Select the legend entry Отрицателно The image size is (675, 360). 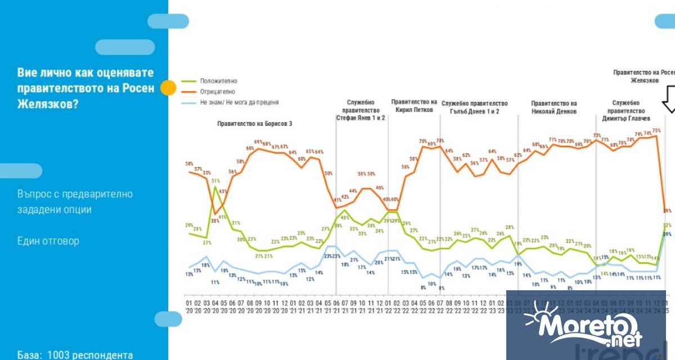tap(217, 91)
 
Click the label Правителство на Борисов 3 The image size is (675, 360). tap(255, 124)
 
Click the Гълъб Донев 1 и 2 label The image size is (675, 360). tap(474, 111)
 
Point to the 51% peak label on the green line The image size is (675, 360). tap(215, 181)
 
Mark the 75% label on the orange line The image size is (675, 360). tap(656, 131)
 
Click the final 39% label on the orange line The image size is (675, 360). tap(667, 210)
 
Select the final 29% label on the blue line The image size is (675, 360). tap(667, 234)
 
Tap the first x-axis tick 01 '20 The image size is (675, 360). tap(188, 307)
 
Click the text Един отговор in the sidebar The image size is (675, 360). tap(48, 241)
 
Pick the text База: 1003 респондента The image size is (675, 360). tap(75, 355)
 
